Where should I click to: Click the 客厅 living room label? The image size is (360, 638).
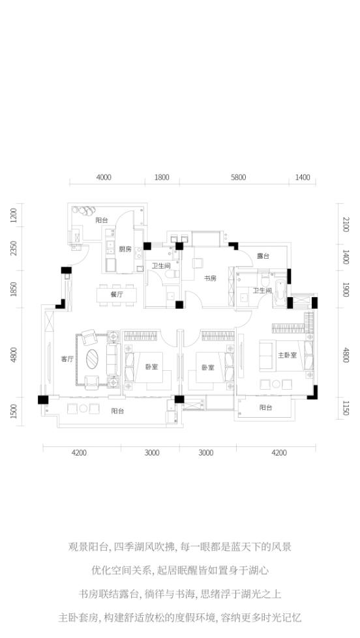(x=67, y=359)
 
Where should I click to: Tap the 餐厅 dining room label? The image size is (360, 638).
(x=117, y=295)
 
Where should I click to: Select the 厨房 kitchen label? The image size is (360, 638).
(x=125, y=250)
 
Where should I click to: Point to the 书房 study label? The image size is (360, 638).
(x=210, y=278)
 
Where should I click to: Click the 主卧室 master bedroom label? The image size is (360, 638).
(x=288, y=355)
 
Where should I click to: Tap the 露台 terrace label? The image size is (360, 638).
(x=263, y=256)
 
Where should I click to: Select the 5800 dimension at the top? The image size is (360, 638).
(x=238, y=177)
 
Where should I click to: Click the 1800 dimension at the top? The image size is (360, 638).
(x=162, y=177)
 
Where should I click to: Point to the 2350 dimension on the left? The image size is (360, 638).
(x=14, y=248)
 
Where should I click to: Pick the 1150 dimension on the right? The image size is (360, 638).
(x=346, y=409)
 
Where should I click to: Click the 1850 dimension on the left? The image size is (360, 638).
(x=14, y=289)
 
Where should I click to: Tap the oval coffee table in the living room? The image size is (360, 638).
(x=93, y=358)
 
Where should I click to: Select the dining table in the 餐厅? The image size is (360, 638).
(x=117, y=295)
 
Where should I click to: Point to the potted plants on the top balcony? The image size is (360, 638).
(x=84, y=210)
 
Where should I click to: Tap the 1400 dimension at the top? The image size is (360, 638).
(x=303, y=177)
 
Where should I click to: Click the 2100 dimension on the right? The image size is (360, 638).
(x=346, y=225)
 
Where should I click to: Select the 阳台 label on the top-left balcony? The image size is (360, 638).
(x=102, y=220)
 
